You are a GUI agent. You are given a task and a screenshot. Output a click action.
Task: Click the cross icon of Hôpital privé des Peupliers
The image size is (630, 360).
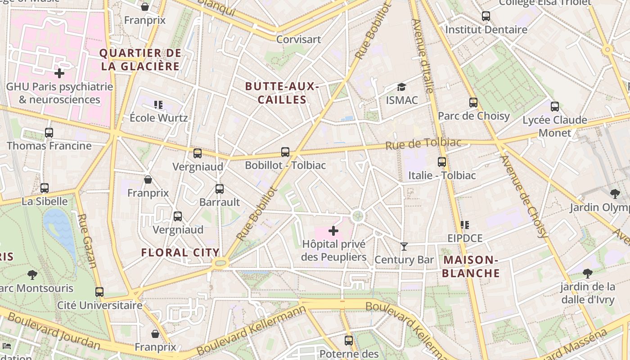coord(333,231)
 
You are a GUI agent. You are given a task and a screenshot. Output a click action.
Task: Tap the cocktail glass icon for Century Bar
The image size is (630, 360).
coord(404,246)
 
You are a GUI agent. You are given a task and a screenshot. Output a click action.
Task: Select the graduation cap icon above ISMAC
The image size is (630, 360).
coord(401,87)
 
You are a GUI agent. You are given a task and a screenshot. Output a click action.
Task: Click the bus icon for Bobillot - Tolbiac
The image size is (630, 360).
coord(285,152)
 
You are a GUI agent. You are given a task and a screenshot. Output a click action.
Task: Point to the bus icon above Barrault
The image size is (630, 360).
coord(220,189)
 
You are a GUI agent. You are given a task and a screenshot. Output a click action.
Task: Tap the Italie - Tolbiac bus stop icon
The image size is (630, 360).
coord(442,162)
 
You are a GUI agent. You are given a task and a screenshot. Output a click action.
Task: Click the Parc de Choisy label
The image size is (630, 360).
coord(474,116)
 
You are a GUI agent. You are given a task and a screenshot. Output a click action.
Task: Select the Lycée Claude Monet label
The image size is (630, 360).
coord(554,126)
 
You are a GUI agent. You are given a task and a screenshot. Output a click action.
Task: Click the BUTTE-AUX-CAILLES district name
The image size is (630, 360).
coord(282,93)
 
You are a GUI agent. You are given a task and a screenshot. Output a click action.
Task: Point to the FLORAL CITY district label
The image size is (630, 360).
coord(180,252)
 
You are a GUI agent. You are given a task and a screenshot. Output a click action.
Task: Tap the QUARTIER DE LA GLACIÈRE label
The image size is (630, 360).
coord(140,60)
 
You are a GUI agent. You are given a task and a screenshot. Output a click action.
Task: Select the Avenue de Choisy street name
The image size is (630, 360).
coord(524,196)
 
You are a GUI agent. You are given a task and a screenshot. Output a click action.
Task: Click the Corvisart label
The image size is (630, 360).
coord(299,39)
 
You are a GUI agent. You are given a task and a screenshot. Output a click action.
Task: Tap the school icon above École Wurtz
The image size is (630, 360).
coord(158,105)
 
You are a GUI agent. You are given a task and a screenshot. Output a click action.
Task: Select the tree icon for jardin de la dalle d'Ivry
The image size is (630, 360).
coord(587,273)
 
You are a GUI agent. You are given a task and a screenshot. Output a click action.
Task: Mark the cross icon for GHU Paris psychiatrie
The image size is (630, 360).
coord(59,73)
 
